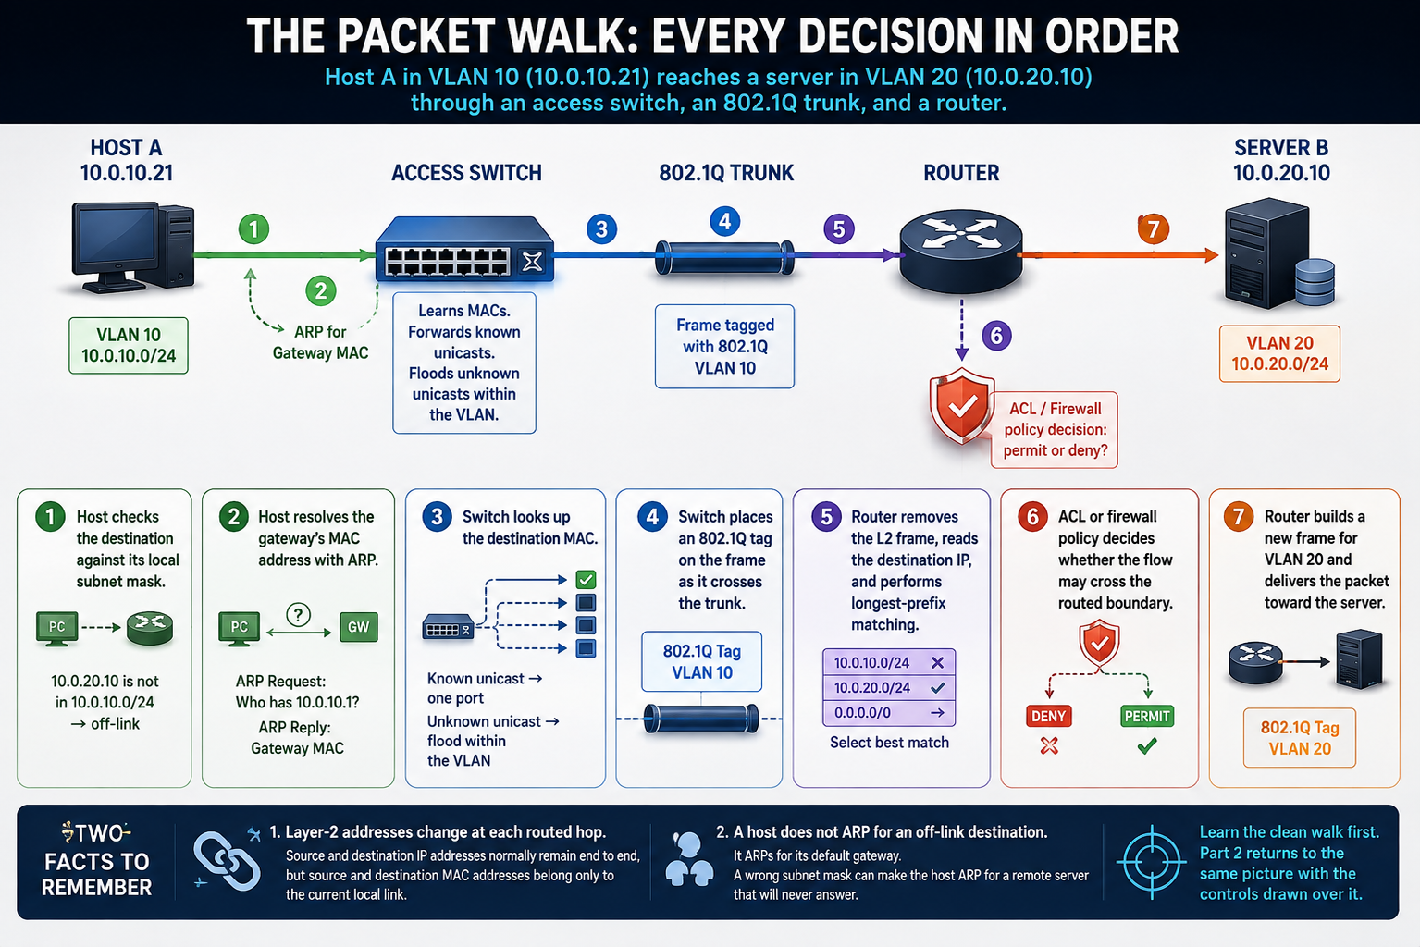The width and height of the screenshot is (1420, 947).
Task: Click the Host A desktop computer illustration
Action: (132, 248)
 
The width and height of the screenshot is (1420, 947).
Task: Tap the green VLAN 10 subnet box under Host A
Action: (129, 346)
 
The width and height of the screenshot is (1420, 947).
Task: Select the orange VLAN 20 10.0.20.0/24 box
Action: (1279, 353)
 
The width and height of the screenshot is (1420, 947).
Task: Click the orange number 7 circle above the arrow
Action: (1154, 228)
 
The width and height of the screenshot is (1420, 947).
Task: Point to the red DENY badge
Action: (1048, 717)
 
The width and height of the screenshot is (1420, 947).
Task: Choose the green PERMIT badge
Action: (1147, 717)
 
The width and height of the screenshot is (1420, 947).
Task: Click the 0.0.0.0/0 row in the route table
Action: (889, 712)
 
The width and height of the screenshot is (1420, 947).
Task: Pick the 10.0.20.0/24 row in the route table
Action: (889, 688)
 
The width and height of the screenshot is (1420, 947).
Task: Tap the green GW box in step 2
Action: (359, 627)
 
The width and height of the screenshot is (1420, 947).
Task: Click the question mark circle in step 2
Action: (298, 613)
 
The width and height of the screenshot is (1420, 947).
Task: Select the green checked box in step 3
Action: (586, 579)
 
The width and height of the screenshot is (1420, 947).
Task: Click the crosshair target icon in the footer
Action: (1151, 862)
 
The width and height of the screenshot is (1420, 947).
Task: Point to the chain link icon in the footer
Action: (227, 861)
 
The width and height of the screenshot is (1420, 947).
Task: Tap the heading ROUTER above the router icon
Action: (961, 173)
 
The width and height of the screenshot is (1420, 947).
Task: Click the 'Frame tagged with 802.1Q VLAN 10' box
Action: (724, 346)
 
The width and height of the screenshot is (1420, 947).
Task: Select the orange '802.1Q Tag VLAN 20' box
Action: (1300, 738)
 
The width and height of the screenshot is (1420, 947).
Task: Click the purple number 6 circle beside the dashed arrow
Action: (996, 336)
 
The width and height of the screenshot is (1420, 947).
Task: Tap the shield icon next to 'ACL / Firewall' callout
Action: (962, 406)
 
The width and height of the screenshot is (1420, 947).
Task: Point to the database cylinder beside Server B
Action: (1315, 281)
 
